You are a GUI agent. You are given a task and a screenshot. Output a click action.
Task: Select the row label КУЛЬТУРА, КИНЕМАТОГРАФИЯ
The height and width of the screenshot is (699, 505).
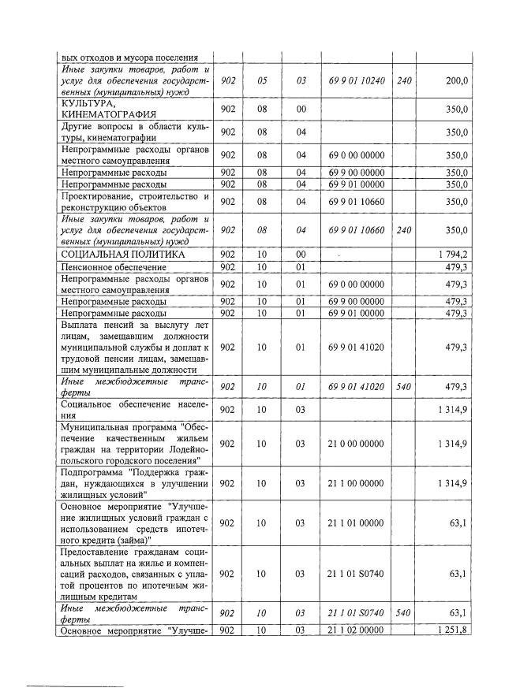tap(103, 109)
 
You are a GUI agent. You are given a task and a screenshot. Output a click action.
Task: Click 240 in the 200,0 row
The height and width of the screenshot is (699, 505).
tap(403, 80)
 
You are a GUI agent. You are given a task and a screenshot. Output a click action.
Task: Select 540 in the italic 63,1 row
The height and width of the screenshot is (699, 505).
tap(403, 613)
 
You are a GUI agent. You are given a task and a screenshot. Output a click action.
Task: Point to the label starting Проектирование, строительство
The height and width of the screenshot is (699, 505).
tap(134, 201)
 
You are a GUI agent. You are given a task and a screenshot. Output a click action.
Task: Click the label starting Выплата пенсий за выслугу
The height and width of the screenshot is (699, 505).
tap(134, 347)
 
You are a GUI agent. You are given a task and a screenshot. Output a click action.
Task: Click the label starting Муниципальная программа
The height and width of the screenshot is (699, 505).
tap(134, 444)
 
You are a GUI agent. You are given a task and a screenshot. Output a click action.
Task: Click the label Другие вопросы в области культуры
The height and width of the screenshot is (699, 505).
tap(134, 132)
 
